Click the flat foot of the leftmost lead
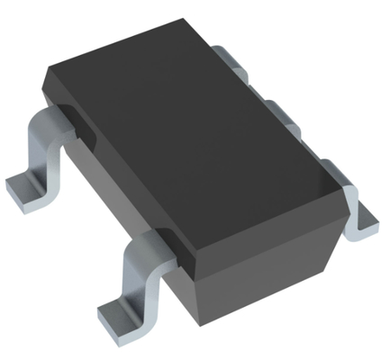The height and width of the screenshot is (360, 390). point(27,186)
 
